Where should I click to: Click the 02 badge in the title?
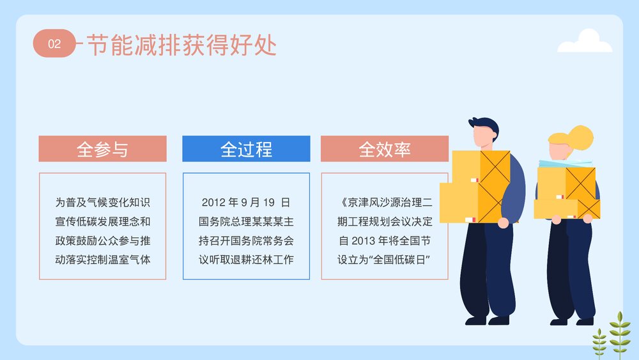coord(54,43)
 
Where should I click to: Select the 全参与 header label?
coord(102,149)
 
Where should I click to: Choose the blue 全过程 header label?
coord(246,149)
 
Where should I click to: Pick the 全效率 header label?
coord(384,149)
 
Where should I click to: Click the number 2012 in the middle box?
coord(214,203)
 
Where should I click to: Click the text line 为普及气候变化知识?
coord(102,203)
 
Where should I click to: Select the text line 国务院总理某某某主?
coord(246,223)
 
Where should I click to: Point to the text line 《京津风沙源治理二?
coord(384,203)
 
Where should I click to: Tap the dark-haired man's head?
coord(484,131)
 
